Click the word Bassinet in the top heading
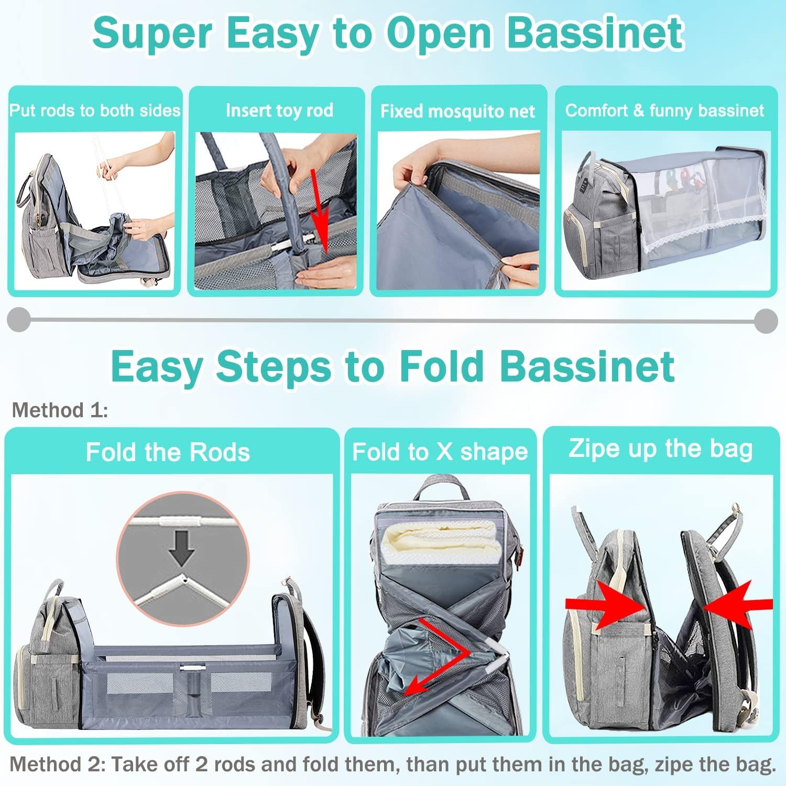(595, 33)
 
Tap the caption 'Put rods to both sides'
(95, 110)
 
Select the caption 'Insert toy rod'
(279, 110)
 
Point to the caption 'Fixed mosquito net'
(457, 111)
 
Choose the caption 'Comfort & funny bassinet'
(664, 110)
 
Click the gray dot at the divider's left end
(19, 320)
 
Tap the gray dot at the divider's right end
(767, 320)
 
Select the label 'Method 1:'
(60, 410)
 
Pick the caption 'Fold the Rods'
(168, 452)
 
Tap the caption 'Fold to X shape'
(440, 452)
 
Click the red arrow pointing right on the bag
(606, 604)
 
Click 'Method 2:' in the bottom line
(58, 765)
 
